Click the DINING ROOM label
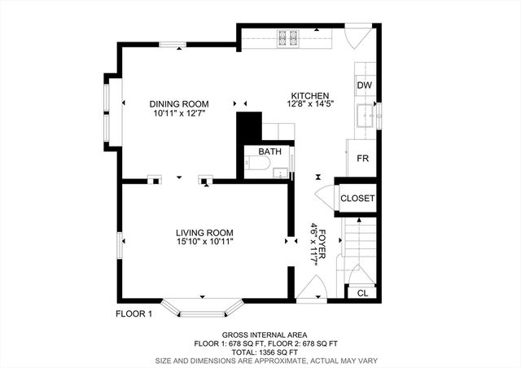pyautogui.click(x=179, y=104)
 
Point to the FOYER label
pyautogui.click(x=322, y=241)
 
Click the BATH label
pyautogui.click(x=269, y=151)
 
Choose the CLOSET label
pyautogui.click(x=357, y=198)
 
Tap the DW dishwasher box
pyautogui.click(x=364, y=85)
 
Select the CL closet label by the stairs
pyautogui.click(x=362, y=293)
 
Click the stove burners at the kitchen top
pyautogui.click(x=288, y=37)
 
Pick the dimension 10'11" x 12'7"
pyautogui.click(x=179, y=115)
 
